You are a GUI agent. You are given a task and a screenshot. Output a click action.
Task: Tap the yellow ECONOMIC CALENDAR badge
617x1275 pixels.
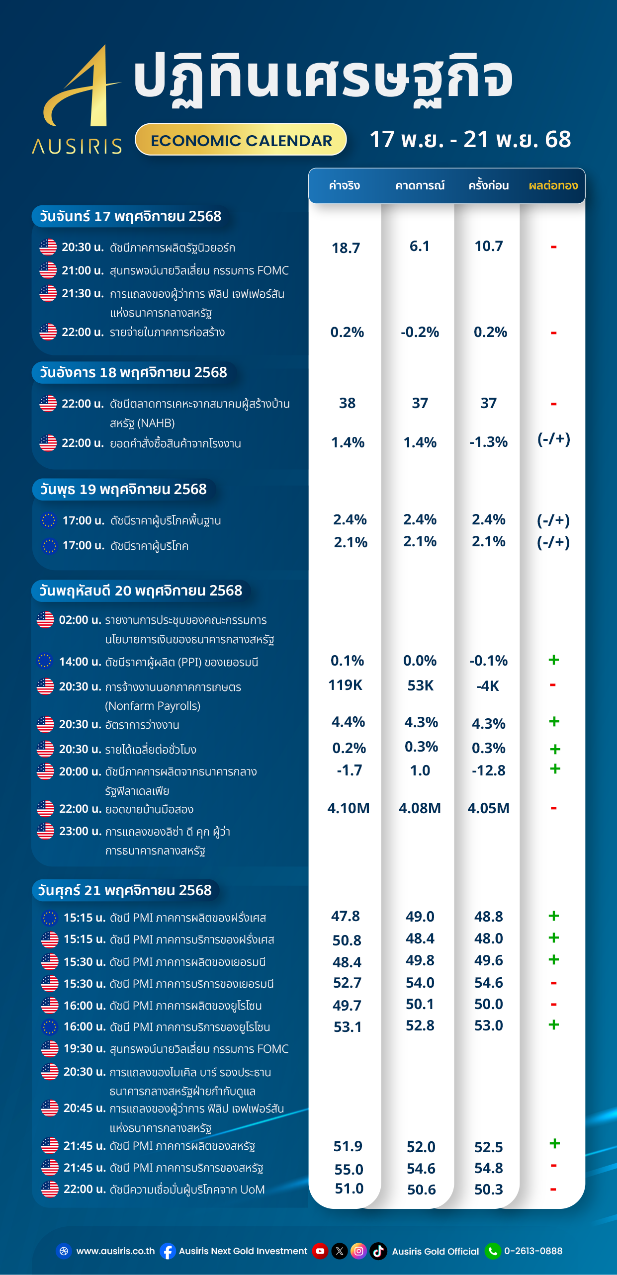point(241,140)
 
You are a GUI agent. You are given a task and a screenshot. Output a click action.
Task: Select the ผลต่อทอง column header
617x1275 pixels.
point(553,186)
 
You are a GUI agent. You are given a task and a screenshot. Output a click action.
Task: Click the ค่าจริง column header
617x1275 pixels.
point(345,186)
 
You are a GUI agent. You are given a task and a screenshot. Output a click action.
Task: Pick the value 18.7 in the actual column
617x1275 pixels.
point(346,248)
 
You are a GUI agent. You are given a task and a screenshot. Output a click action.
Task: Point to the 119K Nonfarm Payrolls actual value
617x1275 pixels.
point(346,685)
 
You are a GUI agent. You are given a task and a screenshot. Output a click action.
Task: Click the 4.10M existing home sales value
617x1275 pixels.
point(348,808)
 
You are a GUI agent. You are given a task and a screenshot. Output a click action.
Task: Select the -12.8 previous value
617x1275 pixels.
point(488,770)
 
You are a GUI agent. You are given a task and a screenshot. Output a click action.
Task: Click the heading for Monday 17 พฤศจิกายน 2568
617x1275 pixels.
point(130,216)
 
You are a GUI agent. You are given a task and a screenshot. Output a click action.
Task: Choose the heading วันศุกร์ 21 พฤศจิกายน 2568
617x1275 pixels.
point(125,890)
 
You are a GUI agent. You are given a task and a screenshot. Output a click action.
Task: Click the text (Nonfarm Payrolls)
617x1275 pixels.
point(153,706)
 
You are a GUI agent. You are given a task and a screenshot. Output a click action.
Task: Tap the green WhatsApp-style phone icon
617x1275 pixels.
point(493,1251)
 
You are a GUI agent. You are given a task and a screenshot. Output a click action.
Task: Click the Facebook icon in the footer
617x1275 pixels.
point(168,1251)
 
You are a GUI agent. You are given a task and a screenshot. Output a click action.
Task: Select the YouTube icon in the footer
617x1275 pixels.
point(320,1251)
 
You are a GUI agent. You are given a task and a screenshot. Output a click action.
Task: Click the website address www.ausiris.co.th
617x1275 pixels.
point(115,1251)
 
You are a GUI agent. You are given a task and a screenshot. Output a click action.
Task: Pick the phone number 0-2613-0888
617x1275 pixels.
point(533,1251)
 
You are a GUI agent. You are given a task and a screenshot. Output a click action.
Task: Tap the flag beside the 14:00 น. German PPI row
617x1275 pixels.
point(45,661)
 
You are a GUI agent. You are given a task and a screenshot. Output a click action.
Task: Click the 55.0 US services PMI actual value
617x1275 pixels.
point(349,1169)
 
